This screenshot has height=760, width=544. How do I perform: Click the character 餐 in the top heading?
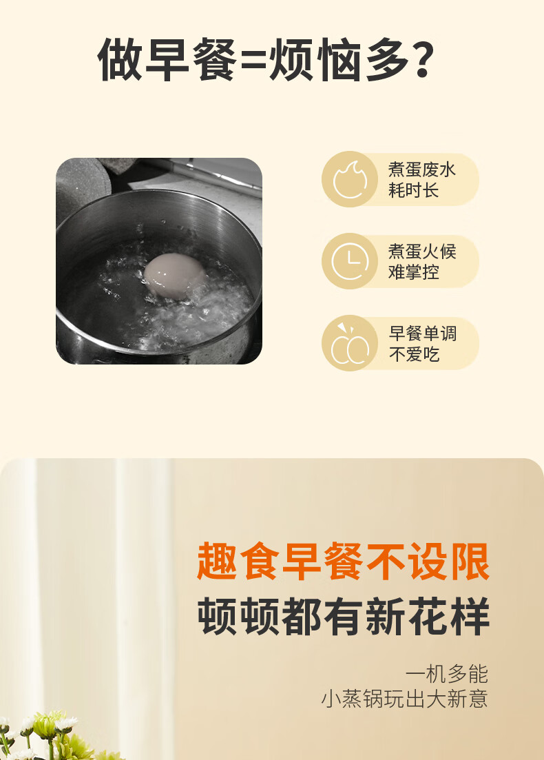click(x=214, y=60)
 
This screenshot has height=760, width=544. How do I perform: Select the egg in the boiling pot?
click(x=174, y=275)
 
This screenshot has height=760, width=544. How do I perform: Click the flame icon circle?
click(x=350, y=179)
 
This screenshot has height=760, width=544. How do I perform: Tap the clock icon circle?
click(x=350, y=261)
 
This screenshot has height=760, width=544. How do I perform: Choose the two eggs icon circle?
click(x=350, y=343)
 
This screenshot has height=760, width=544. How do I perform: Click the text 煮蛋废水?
click(x=422, y=170)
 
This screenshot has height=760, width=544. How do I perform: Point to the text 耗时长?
click(x=413, y=190)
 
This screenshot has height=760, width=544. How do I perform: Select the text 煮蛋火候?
click(x=422, y=251)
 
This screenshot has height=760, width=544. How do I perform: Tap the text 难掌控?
click(x=413, y=272)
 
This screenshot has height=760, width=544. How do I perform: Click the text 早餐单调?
click(x=422, y=333)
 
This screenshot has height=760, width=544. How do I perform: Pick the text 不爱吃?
click(x=414, y=354)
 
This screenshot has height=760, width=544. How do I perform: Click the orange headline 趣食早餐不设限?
click(x=343, y=562)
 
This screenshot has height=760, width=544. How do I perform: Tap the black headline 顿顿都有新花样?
click(x=343, y=616)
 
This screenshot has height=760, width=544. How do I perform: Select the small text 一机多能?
click(x=447, y=674)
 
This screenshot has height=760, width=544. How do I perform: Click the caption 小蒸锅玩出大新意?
click(x=404, y=699)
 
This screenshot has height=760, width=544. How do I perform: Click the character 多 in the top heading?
click(x=386, y=60)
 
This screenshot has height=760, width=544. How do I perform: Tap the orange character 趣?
click(x=216, y=562)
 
